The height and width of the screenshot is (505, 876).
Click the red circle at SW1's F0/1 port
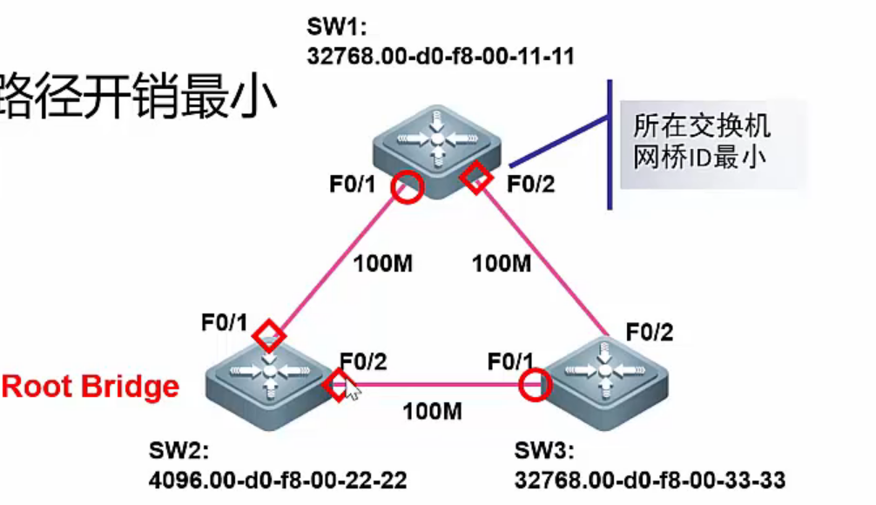(x=406, y=185)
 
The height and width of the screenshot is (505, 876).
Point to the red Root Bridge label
(x=91, y=387)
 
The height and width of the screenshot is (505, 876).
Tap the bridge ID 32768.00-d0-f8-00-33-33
(x=650, y=480)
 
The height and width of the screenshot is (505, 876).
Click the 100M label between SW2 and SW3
(x=432, y=411)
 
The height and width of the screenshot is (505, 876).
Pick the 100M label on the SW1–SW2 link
(x=381, y=262)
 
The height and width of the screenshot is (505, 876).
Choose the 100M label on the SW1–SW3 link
(x=502, y=262)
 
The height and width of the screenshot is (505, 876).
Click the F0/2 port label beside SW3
(x=650, y=332)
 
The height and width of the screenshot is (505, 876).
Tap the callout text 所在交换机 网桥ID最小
(x=701, y=142)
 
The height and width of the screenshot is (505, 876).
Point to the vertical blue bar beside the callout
(x=610, y=144)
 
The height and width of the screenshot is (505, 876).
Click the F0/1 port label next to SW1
(x=352, y=184)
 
